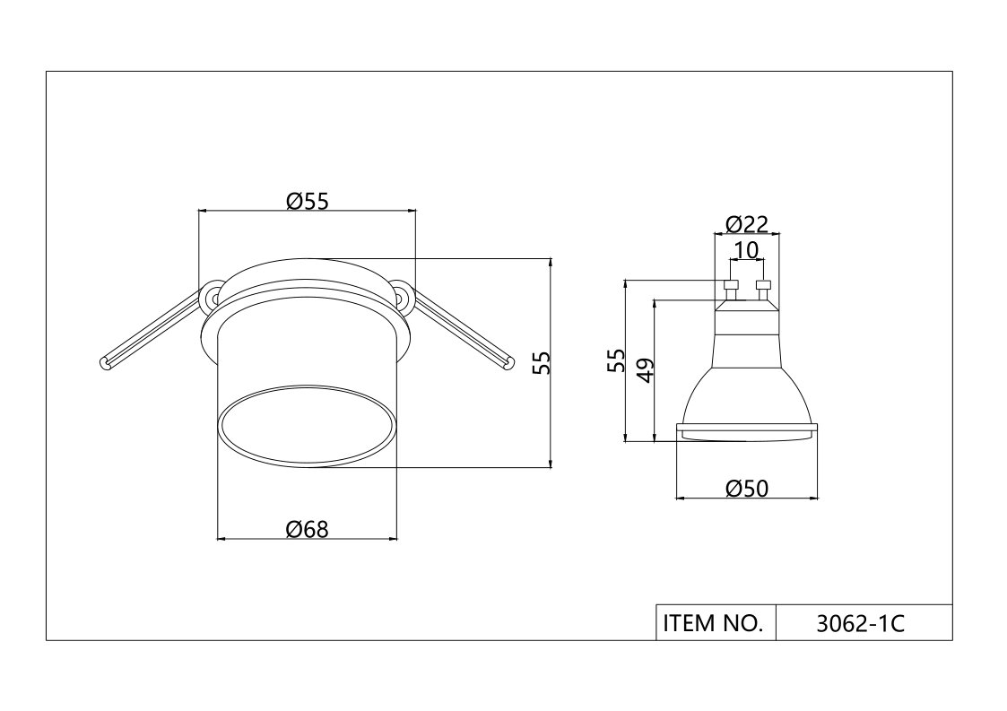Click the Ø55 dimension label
(307, 202)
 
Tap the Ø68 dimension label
(307, 529)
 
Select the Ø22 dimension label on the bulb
(747, 224)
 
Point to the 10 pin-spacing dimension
(746, 250)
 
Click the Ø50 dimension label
(747, 489)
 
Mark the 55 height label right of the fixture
(542, 363)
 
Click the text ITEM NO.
(714, 623)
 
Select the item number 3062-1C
(860, 624)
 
